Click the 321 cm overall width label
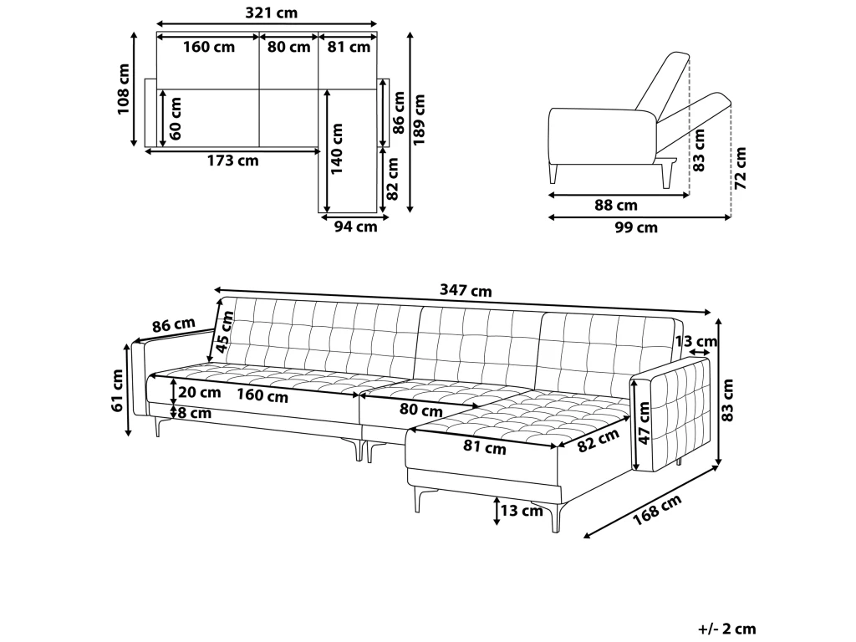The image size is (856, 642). point(272,13)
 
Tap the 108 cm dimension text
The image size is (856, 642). point(124,89)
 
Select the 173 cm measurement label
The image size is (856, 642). point(232,160)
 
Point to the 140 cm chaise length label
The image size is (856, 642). point(337,149)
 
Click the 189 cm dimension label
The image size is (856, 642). point(419,120)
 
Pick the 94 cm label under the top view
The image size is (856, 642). point(356,226)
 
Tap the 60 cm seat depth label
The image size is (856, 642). point(176,119)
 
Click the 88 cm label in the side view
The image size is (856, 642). point(616,206)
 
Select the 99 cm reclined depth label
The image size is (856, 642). point(636,227)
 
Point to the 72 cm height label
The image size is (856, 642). point(741,168)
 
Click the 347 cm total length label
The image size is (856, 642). point(466,290)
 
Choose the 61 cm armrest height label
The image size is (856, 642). point(117,390)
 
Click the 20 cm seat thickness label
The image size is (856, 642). point(199,392)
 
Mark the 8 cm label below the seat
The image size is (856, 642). point(195,413)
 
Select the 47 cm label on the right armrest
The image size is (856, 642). point(645,423)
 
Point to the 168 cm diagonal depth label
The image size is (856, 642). point(657,510)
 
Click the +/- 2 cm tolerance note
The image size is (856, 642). point(727,629)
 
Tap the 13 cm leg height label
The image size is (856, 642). point(522,511)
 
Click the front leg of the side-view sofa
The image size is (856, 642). point(553,174)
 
